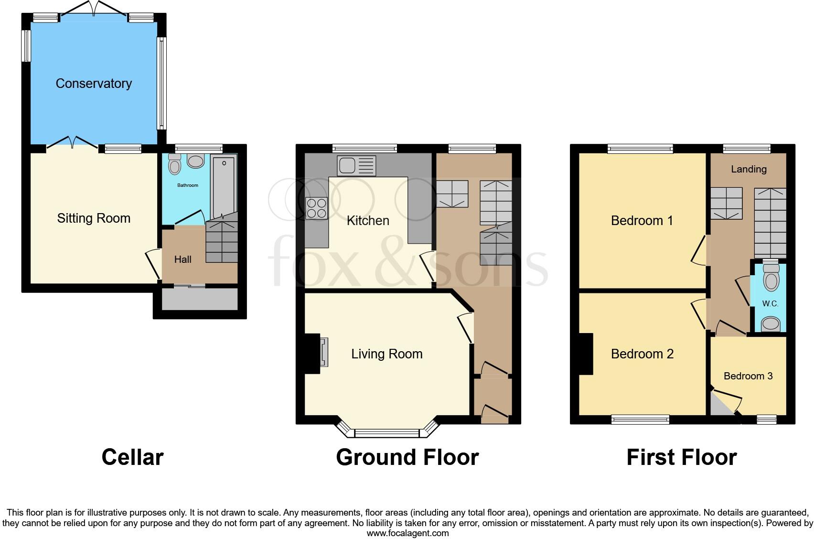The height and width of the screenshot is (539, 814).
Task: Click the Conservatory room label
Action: point(94,84)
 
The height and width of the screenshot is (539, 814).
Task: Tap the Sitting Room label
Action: point(94,218)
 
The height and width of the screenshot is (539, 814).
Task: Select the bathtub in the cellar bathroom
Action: point(224,186)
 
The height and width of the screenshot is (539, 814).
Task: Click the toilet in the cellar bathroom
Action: point(175,164)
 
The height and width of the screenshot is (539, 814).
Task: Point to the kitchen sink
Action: point(356,165)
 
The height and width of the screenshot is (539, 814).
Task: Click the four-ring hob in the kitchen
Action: point(316,208)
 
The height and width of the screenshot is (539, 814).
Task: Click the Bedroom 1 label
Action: point(642,221)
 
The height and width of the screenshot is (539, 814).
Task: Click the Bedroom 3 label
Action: point(748,376)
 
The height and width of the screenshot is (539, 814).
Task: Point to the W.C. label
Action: point(770,304)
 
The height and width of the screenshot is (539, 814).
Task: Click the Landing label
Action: point(749,169)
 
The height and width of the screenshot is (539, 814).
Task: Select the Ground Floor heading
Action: point(407,457)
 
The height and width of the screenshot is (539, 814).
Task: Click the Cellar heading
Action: point(132,457)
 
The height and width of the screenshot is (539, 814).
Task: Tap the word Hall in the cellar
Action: point(182,259)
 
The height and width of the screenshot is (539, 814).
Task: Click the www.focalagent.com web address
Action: point(407,533)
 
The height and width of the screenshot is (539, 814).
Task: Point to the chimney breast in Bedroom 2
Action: point(586,354)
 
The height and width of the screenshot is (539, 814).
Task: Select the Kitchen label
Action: point(368,221)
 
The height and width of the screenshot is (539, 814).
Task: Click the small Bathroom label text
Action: point(188,185)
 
